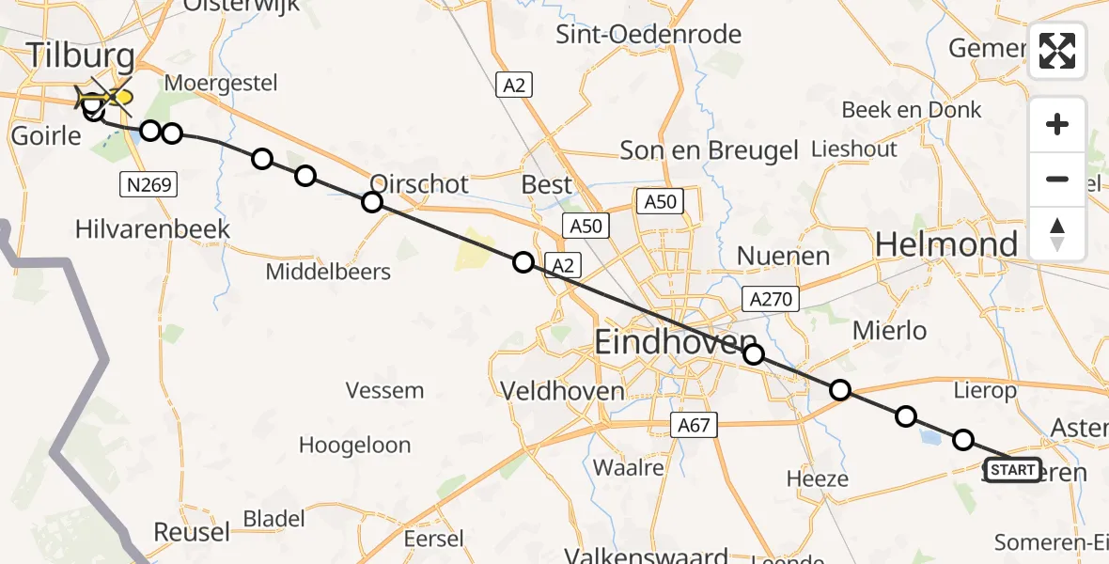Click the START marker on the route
click(1012, 469)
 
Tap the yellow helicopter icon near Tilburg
click(106, 97)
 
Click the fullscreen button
click(1057, 51)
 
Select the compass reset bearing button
click(1057, 234)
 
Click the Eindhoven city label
click(676, 343)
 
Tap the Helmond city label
click(946, 245)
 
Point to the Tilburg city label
click(80, 55)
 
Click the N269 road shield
click(148, 184)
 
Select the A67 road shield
click(695, 426)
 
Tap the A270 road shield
click(771, 299)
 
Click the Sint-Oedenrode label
click(648, 35)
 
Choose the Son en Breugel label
click(709, 149)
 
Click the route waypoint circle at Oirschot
click(372, 202)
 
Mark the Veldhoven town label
click(562, 390)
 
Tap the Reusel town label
click(191, 532)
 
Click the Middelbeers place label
click(328, 272)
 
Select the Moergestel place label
click(221, 83)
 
